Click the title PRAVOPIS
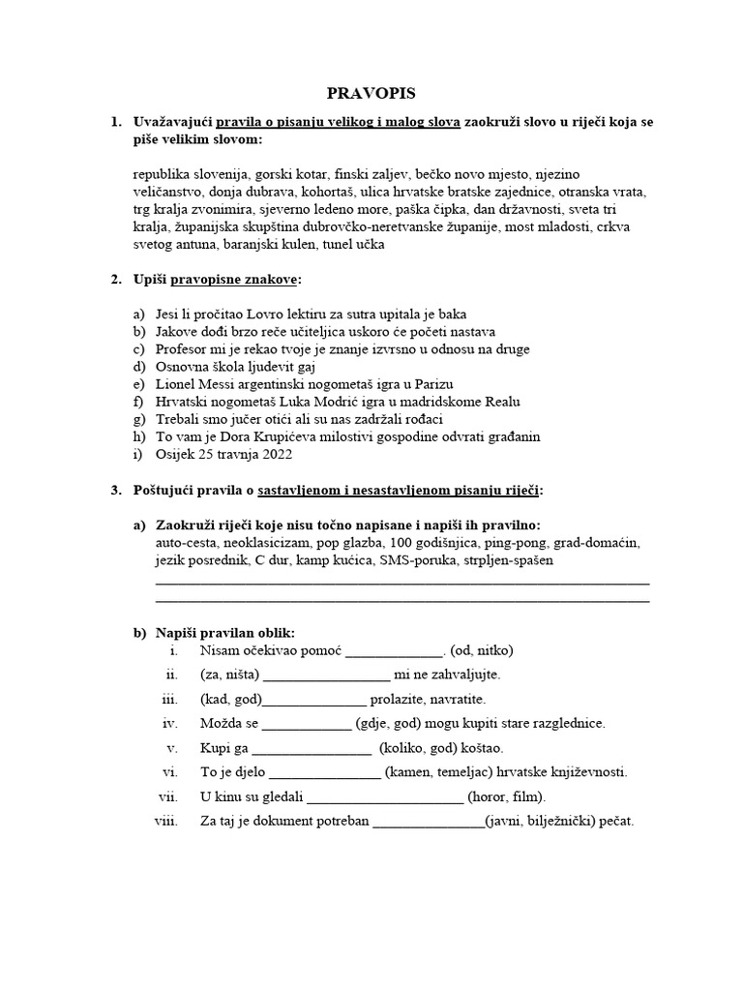371,93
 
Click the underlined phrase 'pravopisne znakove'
235,280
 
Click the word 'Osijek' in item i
176,454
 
